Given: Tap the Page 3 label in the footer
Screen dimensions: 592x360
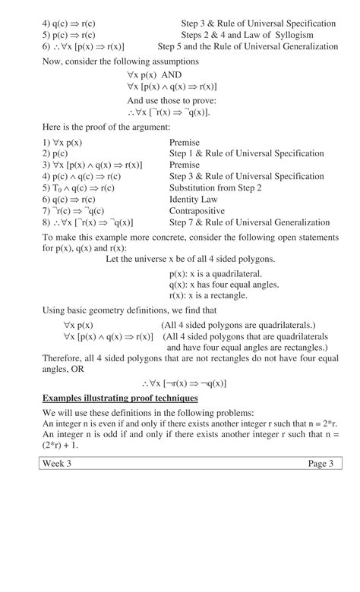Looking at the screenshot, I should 320,464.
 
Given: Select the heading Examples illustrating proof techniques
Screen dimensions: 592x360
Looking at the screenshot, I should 120,398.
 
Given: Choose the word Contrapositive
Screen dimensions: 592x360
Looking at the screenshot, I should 197,211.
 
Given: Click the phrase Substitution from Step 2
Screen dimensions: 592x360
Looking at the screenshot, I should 216,188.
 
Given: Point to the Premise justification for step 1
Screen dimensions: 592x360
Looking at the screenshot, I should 185,142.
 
